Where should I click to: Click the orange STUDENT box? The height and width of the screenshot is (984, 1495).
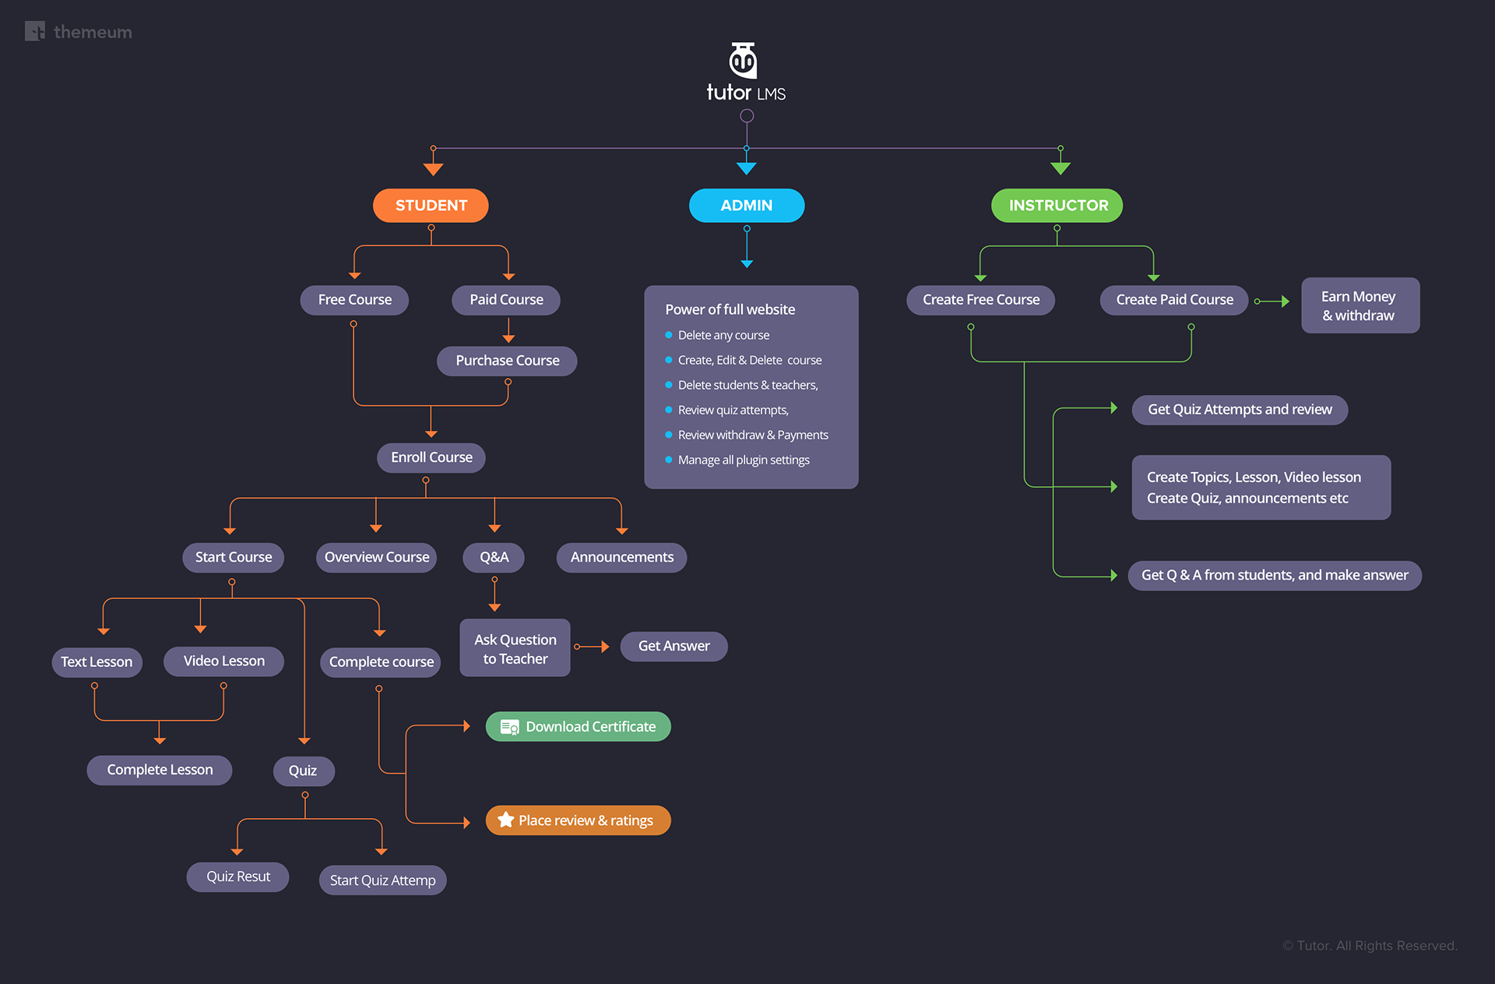tap(431, 206)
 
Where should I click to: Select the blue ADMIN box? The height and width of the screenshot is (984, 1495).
tap(746, 206)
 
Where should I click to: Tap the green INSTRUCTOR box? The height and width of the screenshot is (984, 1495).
tap(1057, 206)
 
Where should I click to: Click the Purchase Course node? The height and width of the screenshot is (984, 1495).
tap(507, 361)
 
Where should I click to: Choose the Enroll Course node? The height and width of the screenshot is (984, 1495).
tap(431, 457)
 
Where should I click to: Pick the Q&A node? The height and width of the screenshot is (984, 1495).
tap(494, 557)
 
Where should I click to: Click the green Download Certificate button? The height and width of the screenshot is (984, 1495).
tap(578, 727)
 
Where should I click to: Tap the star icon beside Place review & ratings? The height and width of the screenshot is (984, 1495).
tap(506, 820)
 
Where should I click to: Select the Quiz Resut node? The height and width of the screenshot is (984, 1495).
tap(237, 876)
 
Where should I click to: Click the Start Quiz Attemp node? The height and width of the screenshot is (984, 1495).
tap(382, 880)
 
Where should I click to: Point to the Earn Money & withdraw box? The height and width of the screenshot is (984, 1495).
tap(1360, 305)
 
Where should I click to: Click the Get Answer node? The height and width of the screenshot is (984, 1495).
tap(674, 646)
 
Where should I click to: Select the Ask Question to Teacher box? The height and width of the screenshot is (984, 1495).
tap(515, 648)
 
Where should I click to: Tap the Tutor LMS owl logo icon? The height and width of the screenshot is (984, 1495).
tap(743, 60)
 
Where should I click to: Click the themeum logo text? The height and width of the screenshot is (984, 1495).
tap(93, 32)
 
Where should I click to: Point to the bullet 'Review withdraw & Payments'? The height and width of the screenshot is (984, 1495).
tap(753, 435)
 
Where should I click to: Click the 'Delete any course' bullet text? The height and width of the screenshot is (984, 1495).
tap(723, 335)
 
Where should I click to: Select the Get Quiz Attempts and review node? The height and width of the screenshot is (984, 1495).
tap(1240, 410)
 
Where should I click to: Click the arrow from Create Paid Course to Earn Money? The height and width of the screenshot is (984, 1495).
tap(1273, 302)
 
